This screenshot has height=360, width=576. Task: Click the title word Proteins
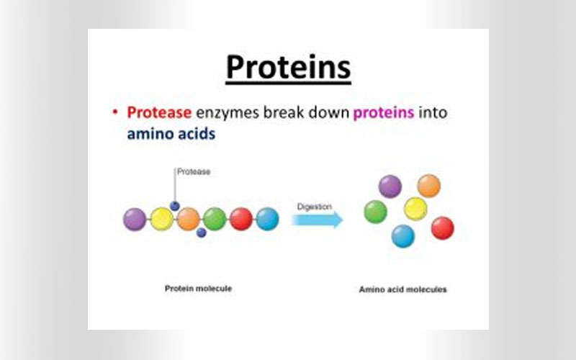pyautogui.click(x=289, y=67)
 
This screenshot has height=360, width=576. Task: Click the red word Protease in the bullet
pyautogui.click(x=159, y=112)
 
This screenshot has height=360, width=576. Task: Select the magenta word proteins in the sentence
pyautogui.click(x=384, y=113)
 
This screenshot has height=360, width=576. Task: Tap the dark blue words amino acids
pyautogui.click(x=171, y=134)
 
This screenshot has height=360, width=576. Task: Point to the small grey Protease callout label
pyautogui.click(x=194, y=171)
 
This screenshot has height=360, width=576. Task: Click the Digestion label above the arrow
pyautogui.click(x=315, y=207)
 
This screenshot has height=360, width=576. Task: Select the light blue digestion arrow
pyautogui.click(x=317, y=220)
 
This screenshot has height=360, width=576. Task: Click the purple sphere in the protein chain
pyautogui.click(x=135, y=220)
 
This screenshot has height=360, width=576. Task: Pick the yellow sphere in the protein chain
pyautogui.click(x=162, y=219)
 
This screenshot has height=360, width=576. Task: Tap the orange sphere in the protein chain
pyautogui.click(x=188, y=219)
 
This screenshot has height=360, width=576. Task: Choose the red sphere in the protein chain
pyautogui.click(x=241, y=219)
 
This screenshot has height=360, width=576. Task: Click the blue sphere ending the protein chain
pyautogui.click(x=267, y=219)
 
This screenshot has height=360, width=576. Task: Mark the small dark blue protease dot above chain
pyautogui.click(x=175, y=206)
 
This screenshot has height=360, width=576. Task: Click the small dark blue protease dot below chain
pyautogui.click(x=202, y=233)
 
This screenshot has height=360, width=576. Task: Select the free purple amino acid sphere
pyautogui.click(x=390, y=186)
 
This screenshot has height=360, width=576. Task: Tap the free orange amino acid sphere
pyautogui.click(x=429, y=186)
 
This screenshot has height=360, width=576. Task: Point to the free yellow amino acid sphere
pyautogui.click(x=415, y=209)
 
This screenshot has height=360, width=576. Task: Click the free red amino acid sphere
pyautogui.click(x=443, y=228)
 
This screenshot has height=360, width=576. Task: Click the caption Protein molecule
pyautogui.click(x=199, y=289)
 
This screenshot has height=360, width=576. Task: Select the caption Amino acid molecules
pyautogui.click(x=403, y=289)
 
